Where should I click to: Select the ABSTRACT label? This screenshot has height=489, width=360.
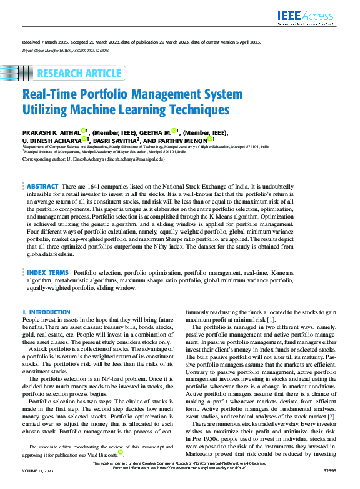pyautogui.click(x=42, y=187)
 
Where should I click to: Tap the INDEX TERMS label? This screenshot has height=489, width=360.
pyautogui.click(x=47, y=273)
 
